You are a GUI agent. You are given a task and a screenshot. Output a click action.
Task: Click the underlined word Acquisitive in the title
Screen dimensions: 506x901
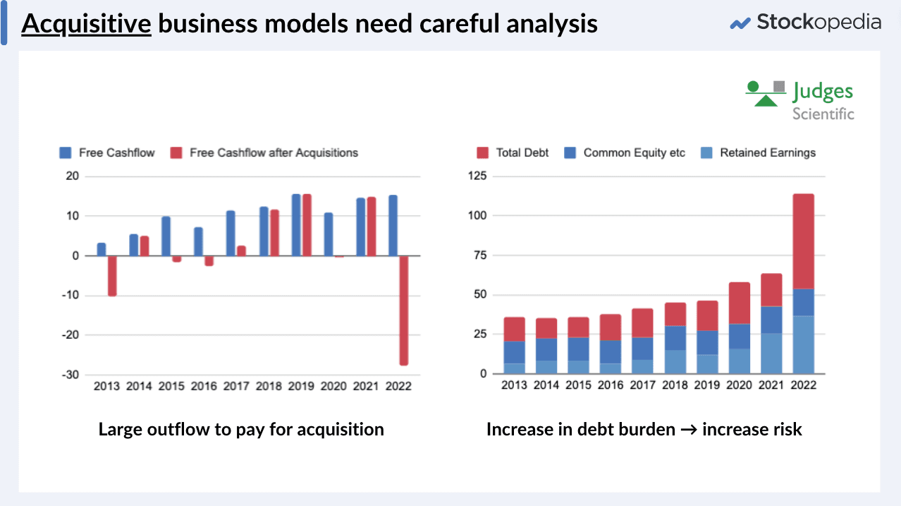click(86, 24)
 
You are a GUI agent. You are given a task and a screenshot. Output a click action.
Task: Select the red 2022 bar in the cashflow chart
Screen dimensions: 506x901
click(403, 310)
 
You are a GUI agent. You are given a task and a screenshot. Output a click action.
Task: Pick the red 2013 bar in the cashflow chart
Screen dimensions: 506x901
click(112, 276)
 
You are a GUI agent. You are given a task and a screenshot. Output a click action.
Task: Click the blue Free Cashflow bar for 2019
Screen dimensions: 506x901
click(296, 225)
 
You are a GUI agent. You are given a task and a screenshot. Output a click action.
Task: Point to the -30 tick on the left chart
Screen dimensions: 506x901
click(70, 375)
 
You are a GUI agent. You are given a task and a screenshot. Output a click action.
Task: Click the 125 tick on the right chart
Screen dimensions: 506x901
click(478, 176)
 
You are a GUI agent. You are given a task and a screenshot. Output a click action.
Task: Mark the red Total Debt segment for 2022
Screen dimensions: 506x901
click(803, 241)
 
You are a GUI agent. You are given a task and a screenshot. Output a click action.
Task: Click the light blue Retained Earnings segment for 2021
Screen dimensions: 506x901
click(771, 354)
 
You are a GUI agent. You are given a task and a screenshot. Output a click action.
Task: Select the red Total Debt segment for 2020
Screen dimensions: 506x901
click(739, 303)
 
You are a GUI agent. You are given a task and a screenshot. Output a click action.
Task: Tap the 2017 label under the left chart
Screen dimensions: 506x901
click(237, 386)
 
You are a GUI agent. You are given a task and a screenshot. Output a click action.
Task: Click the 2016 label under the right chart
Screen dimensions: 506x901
click(611, 385)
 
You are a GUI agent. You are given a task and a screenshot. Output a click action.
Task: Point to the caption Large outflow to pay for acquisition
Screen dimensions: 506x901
click(241, 429)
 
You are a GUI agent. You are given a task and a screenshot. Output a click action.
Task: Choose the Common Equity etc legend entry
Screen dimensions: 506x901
click(634, 152)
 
